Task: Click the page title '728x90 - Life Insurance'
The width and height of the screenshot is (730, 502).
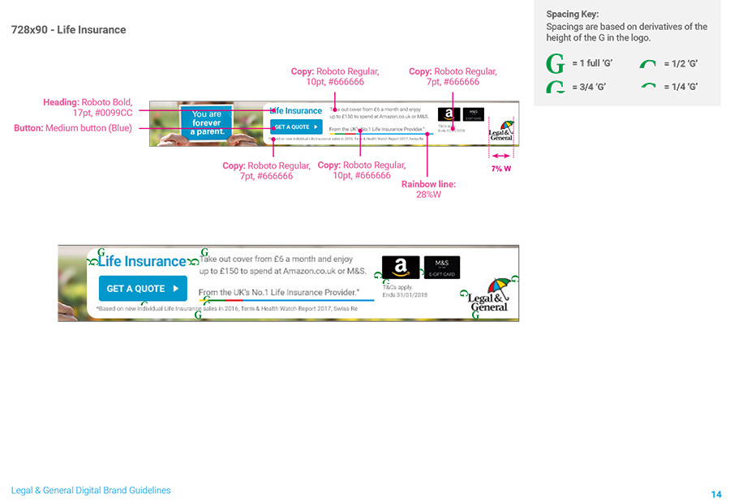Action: [x=69, y=30]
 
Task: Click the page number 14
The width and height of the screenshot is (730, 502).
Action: [x=715, y=494]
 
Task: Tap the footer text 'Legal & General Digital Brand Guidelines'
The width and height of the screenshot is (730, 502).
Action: [x=91, y=491]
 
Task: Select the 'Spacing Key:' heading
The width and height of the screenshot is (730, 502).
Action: [x=573, y=15]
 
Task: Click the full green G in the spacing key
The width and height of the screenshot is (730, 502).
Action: [x=556, y=63]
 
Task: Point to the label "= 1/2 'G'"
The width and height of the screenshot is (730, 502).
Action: [x=680, y=63]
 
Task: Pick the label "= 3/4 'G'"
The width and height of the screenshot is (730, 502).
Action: [x=588, y=87]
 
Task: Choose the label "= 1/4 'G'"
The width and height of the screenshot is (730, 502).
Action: [x=680, y=87]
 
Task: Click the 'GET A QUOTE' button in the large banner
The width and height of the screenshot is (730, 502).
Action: [x=143, y=288]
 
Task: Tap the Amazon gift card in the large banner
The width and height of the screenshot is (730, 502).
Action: [x=401, y=268]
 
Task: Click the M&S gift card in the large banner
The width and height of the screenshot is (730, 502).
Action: [x=441, y=267]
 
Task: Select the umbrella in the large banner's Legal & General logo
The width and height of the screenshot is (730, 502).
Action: [x=500, y=286]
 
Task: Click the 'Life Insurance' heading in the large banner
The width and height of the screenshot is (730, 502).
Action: [x=143, y=261]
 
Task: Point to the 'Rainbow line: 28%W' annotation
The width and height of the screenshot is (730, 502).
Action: [x=428, y=189]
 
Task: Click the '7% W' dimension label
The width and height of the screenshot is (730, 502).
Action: [x=501, y=169]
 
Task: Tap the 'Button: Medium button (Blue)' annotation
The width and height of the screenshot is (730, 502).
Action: [x=73, y=128]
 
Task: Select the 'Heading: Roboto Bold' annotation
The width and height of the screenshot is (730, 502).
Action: [x=88, y=108]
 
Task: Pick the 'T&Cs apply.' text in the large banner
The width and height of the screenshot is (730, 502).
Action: [x=397, y=287]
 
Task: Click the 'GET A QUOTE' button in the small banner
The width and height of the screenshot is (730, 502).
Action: [x=295, y=127]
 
